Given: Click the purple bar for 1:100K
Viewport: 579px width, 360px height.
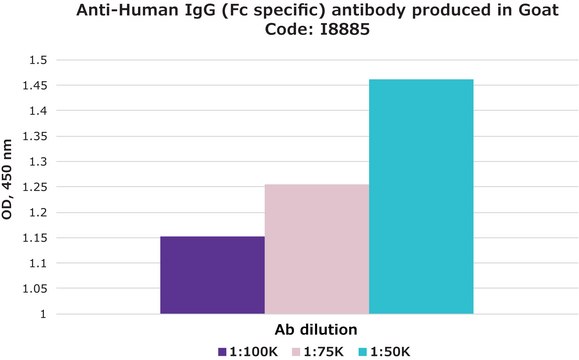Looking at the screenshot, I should [212, 275].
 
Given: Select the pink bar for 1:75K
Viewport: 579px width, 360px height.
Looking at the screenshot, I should [317, 249].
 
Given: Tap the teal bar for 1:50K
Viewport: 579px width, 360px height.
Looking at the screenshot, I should [421, 196].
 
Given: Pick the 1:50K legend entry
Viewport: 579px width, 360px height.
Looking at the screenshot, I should [382, 351].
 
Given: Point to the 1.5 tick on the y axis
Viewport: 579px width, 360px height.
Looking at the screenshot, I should [38, 60].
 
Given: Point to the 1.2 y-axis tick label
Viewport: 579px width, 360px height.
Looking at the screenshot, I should [38, 213].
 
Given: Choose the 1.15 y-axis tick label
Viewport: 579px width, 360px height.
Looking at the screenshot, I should [34, 238].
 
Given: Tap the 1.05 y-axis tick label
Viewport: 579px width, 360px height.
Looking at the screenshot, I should [34, 289].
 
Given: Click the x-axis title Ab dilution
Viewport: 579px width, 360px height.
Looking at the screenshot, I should [316, 329].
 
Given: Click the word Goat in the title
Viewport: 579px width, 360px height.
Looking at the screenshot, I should [539, 12].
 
